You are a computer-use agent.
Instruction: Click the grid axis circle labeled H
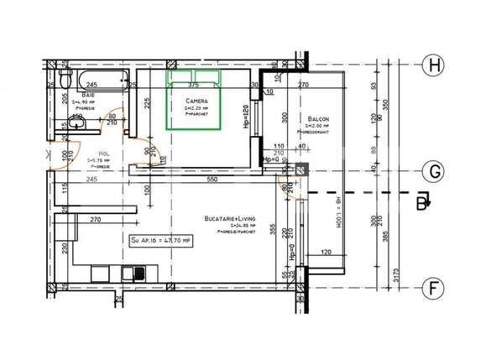pyautogui.click(x=434, y=65)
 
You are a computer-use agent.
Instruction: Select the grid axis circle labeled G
pyautogui.click(x=434, y=172)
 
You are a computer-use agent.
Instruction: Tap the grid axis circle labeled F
pyautogui.click(x=434, y=289)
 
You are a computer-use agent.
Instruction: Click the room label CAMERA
pyautogui.click(x=197, y=101)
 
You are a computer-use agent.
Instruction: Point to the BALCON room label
pyautogui.click(x=317, y=118)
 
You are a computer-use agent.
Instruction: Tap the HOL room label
pyautogui.click(x=103, y=154)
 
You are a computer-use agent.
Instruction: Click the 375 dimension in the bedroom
pyautogui.click(x=194, y=85)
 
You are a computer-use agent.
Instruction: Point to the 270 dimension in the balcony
pyautogui.click(x=304, y=85)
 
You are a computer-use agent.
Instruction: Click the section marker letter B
pyautogui.click(x=425, y=199)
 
